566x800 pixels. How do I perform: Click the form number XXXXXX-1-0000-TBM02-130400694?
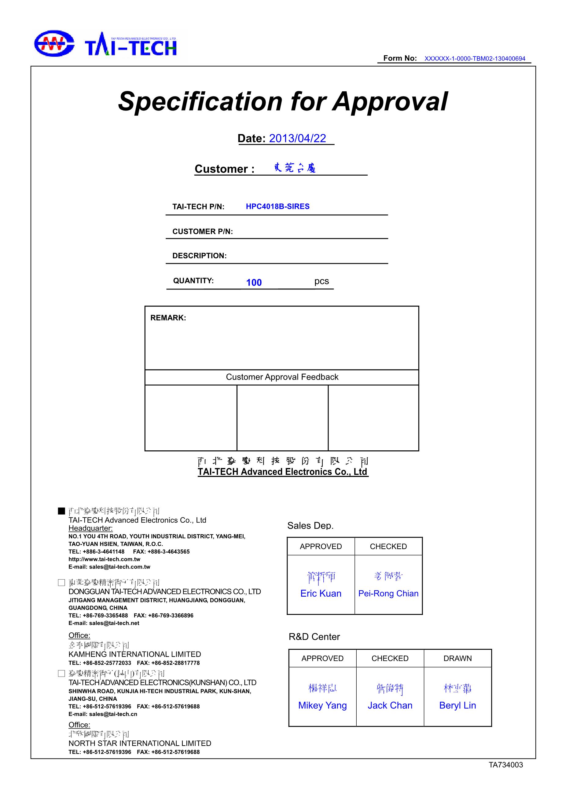[474, 59]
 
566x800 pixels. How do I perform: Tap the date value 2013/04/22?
[297, 138]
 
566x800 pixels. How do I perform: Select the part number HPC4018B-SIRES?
[277, 206]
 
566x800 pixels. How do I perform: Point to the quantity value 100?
[254, 282]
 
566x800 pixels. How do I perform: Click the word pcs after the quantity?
[321, 281]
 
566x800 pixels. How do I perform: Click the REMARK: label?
[168, 318]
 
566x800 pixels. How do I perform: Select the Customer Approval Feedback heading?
[282, 377]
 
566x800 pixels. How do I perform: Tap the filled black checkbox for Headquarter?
[62, 511]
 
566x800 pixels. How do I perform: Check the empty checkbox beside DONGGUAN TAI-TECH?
[62, 583]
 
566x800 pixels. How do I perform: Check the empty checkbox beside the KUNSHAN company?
[62, 674]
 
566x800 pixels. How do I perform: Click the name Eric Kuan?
[321, 593]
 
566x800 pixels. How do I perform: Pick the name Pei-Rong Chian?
[388, 593]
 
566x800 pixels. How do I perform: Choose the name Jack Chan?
[390, 705]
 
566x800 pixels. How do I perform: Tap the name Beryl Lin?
[458, 705]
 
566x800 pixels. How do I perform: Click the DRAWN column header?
[458, 658]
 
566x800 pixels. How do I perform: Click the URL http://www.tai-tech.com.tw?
[104, 559]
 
